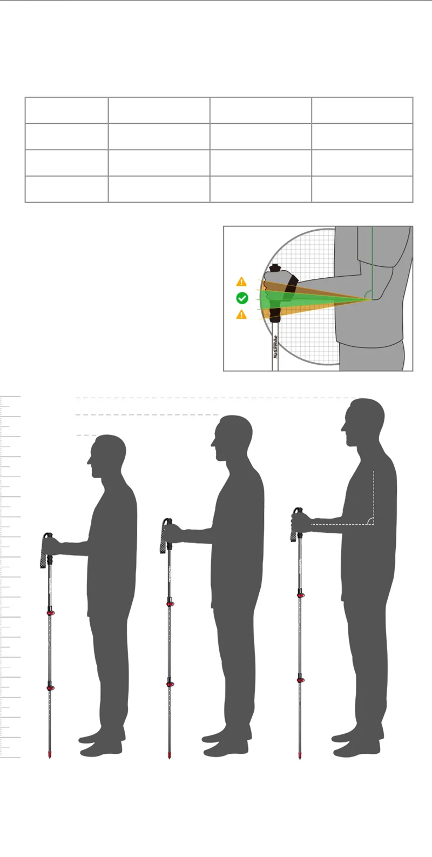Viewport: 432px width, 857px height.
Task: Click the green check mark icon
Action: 242,298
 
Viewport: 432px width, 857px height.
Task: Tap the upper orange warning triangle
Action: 241,282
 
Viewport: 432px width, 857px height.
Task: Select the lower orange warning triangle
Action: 241,314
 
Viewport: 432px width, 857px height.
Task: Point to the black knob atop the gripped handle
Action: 275,267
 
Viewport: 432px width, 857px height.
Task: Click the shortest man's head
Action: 108,454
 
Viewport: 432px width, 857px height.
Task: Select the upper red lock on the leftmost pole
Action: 50,612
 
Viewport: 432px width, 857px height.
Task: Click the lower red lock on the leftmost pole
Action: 50,687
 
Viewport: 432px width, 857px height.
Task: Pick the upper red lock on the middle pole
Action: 170,603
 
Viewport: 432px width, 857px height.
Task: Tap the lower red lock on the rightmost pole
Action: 300,679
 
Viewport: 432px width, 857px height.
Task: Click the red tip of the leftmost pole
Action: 50,754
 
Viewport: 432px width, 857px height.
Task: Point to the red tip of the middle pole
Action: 170,754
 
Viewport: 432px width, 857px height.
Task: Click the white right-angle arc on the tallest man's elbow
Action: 370,520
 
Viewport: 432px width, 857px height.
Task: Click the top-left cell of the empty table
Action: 66,110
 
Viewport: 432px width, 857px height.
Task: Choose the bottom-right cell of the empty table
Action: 362,189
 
